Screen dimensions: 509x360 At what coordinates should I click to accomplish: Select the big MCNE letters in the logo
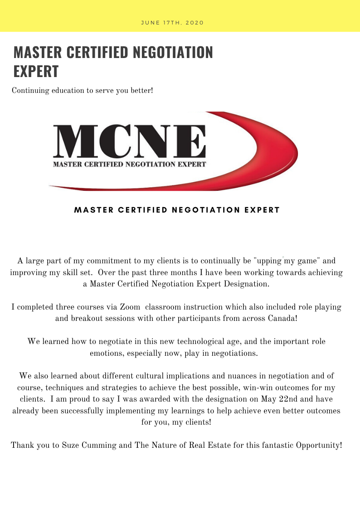[129, 141]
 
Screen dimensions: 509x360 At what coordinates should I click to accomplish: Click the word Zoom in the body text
[130, 307]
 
